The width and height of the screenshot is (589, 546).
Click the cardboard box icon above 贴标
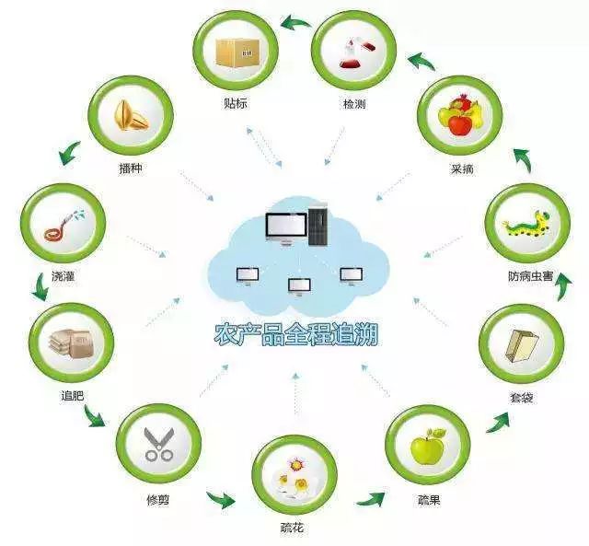(237, 53)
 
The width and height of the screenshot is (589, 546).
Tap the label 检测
(354, 104)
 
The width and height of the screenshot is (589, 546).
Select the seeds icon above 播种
(132, 115)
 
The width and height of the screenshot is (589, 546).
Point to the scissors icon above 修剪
(159, 444)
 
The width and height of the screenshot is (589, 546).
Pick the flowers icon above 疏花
(294, 477)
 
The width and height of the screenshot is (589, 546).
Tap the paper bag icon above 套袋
(522, 346)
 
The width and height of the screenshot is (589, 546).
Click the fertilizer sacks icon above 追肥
(70, 343)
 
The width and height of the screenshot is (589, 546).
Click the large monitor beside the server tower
(286, 228)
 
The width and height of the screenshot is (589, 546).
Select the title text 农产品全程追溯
(295, 334)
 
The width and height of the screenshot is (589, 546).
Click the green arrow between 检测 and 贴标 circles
(295, 22)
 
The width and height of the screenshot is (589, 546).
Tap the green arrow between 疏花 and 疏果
(370, 499)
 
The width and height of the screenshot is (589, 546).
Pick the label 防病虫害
(530, 276)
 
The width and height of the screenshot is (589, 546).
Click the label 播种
(131, 168)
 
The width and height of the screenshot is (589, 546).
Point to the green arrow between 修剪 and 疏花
(221, 499)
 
